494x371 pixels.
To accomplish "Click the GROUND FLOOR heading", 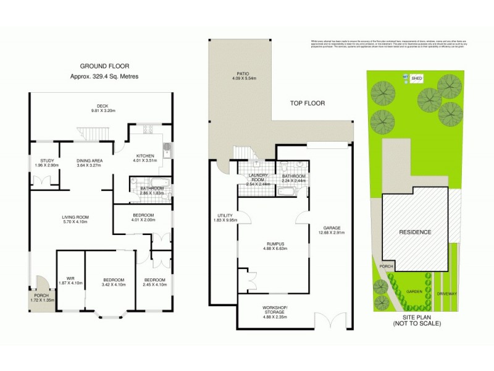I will (103, 66).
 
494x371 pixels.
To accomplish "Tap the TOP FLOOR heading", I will (309, 103).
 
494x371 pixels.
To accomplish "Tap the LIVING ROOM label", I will (75, 217).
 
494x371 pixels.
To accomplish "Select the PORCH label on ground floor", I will (42, 296).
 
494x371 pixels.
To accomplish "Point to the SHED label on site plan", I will (417, 79).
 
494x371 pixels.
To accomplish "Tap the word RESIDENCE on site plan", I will (415, 232).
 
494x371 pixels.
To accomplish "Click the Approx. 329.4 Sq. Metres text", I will (104, 76).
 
